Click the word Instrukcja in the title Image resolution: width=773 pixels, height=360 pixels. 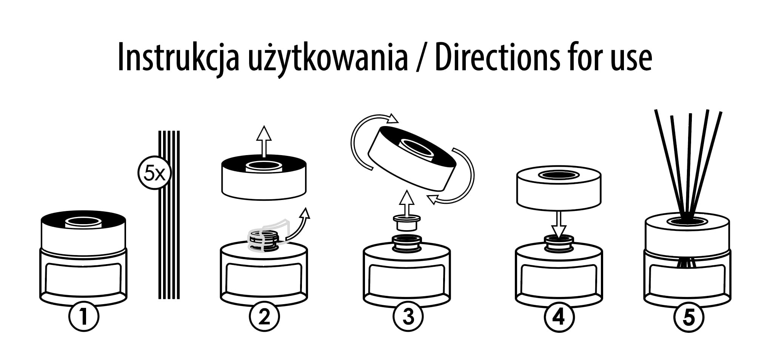[178, 58]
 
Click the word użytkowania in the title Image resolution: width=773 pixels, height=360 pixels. [327, 58]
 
